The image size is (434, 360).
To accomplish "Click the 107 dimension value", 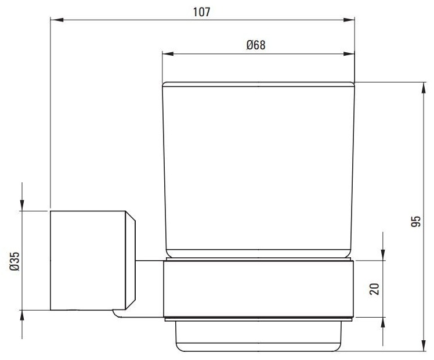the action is tap(201, 12).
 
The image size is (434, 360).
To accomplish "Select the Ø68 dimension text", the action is tap(256, 45).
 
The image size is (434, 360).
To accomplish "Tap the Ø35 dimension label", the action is tap(15, 261).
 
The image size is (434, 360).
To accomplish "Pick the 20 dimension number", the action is tap(374, 289).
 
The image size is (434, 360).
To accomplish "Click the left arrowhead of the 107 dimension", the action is tap(56, 20).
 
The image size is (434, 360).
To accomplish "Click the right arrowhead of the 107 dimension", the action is tap(349, 20).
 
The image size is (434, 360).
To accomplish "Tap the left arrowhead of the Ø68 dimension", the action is tap(168, 53).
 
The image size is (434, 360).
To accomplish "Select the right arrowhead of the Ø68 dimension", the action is tap(349, 53).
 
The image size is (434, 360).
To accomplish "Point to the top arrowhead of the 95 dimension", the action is tap(424, 88).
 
